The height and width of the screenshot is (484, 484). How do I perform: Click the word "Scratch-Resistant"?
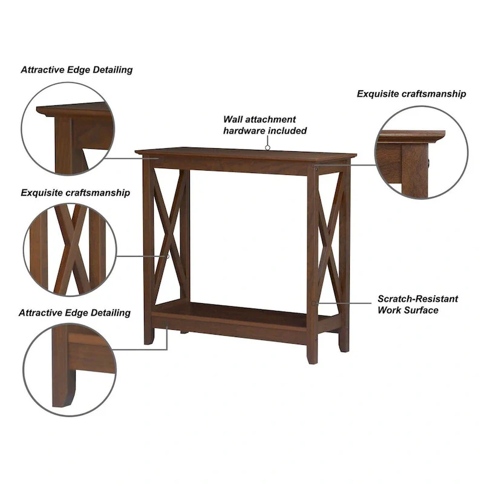tap(417, 299)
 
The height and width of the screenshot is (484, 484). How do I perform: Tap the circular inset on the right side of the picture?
tap(421, 152)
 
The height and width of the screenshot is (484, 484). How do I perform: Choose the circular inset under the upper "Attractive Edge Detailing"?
tap(68, 128)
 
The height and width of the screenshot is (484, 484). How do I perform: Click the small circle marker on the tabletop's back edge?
tap(267, 146)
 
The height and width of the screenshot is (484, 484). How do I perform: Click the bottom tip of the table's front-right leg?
tap(312, 361)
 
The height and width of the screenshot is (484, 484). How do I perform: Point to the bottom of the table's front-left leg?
tap(149, 342)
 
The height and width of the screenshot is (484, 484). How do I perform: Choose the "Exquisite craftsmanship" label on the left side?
tap(76, 193)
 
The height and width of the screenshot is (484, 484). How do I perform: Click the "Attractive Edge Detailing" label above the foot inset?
tap(74, 313)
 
